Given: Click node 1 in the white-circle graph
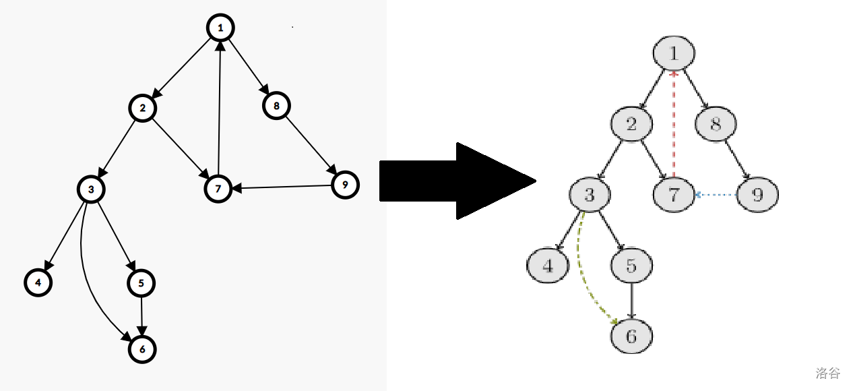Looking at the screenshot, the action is [x=220, y=28].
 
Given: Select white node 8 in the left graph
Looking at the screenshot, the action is [x=276, y=106].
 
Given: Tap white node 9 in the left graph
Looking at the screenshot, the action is [x=345, y=185].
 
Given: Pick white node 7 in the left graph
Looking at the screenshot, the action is [x=218, y=189].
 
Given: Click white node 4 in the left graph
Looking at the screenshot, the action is [x=38, y=282].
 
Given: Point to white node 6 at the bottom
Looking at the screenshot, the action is [x=142, y=349].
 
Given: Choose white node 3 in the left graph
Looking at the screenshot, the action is [x=91, y=189].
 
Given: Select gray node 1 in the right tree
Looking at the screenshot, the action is [x=674, y=53].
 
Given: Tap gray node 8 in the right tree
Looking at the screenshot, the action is [x=716, y=124].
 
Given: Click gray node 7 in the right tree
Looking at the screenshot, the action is [x=674, y=195].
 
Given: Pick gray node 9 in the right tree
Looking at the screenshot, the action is [x=757, y=195].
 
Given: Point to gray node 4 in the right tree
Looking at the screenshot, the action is [x=548, y=266].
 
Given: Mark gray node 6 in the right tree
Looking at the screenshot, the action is [x=631, y=336].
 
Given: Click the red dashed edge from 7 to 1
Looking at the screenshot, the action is [x=674, y=124].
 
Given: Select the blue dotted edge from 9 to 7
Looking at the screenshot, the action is [x=716, y=195].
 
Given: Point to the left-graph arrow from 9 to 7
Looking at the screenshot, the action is [x=282, y=187].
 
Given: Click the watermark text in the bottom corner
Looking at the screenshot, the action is [x=828, y=373].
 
